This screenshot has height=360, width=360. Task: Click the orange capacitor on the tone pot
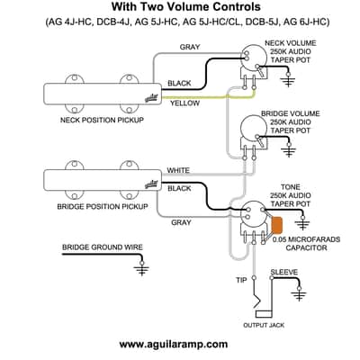(x=277, y=225)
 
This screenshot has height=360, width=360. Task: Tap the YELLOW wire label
(x=184, y=103)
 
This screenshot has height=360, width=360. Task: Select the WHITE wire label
(x=178, y=170)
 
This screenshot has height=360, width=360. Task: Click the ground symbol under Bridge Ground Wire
(x=142, y=268)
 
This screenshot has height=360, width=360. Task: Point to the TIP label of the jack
(x=241, y=280)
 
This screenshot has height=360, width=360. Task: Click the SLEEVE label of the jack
(x=284, y=273)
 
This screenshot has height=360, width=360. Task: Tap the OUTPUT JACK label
(x=264, y=325)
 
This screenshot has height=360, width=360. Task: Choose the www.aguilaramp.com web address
(x=174, y=344)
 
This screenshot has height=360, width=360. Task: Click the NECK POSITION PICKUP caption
(x=102, y=120)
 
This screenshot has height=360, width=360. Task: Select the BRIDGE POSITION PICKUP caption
(x=103, y=207)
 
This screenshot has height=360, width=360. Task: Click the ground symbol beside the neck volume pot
(x=288, y=80)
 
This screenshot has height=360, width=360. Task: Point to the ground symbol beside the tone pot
(x=302, y=223)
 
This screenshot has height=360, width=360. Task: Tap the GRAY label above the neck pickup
(x=190, y=47)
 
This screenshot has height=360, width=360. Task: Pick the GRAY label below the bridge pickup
(x=181, y=222)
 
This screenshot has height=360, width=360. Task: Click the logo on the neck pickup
(x=151, y=98)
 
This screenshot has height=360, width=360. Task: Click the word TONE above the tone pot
(x=291, y=187)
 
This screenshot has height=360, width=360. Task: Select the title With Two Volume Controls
(x=186, y=6)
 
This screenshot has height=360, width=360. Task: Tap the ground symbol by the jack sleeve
(x=299, y=294)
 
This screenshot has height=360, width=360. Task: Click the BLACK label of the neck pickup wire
(x=179, y=83)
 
